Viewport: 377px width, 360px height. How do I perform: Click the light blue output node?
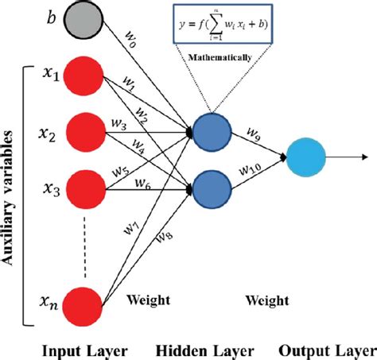[x=309, y=158]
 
